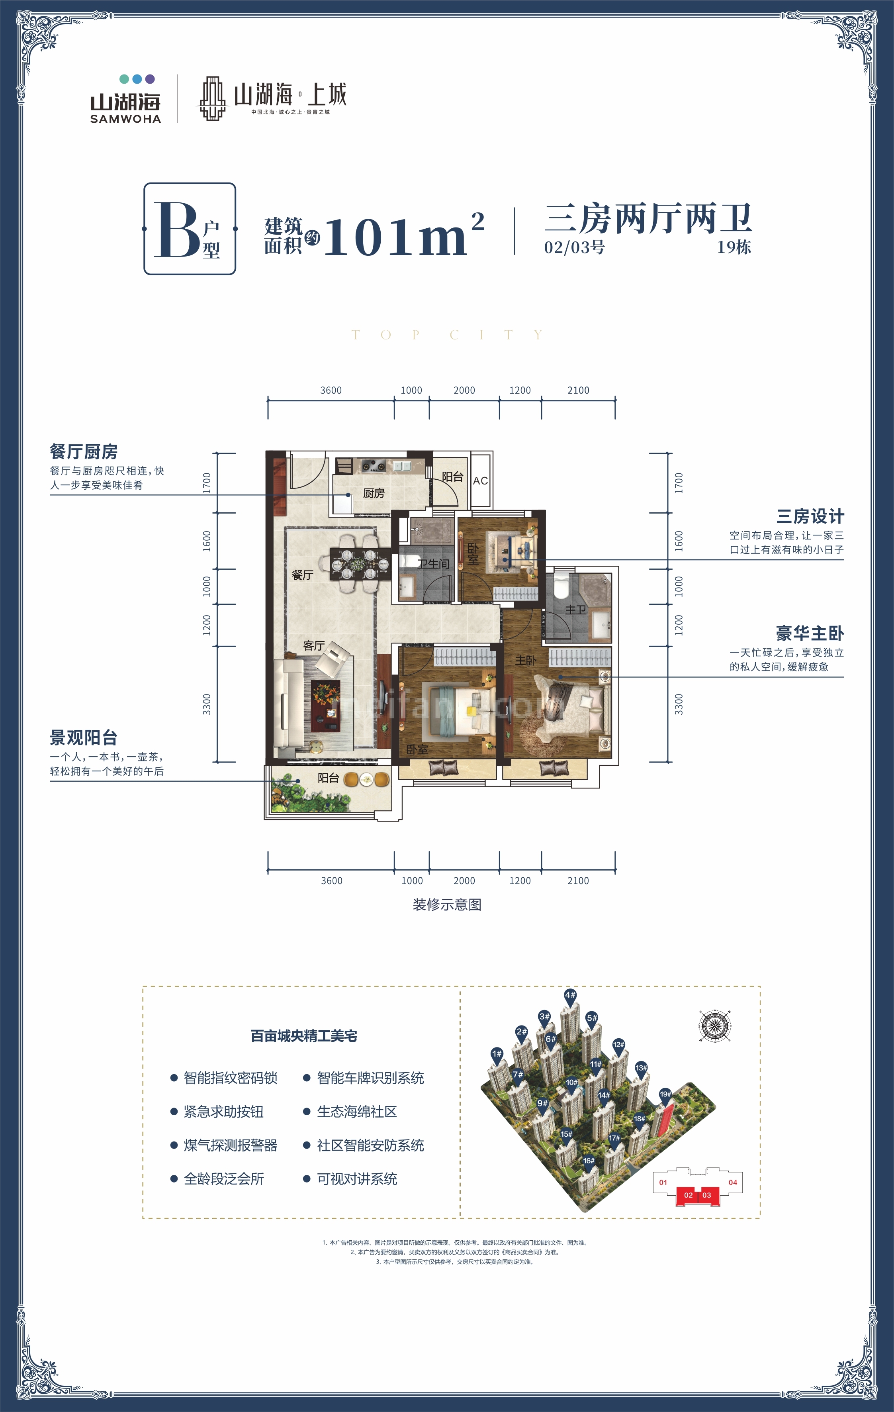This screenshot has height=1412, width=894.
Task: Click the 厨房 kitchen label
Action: coord(374,493)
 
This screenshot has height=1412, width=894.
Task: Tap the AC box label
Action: coord(480,481)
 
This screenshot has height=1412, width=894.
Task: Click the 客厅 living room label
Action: coord(314,645)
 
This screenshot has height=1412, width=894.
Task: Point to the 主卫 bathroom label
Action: coord(575,610)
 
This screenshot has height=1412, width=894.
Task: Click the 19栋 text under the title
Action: coord(734,247)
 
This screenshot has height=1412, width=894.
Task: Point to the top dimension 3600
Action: coord(331,390)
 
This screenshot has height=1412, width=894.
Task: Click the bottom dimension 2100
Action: coord(577,881)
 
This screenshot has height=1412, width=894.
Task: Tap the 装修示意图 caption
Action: coord(447,904)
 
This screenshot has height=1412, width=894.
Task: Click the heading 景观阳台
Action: coord(83,737)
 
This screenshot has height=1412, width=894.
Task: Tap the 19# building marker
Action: coord(665,1094)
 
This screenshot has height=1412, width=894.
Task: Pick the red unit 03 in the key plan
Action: coord(706,1195)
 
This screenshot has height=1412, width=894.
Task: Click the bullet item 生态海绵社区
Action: coord(356,1112)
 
